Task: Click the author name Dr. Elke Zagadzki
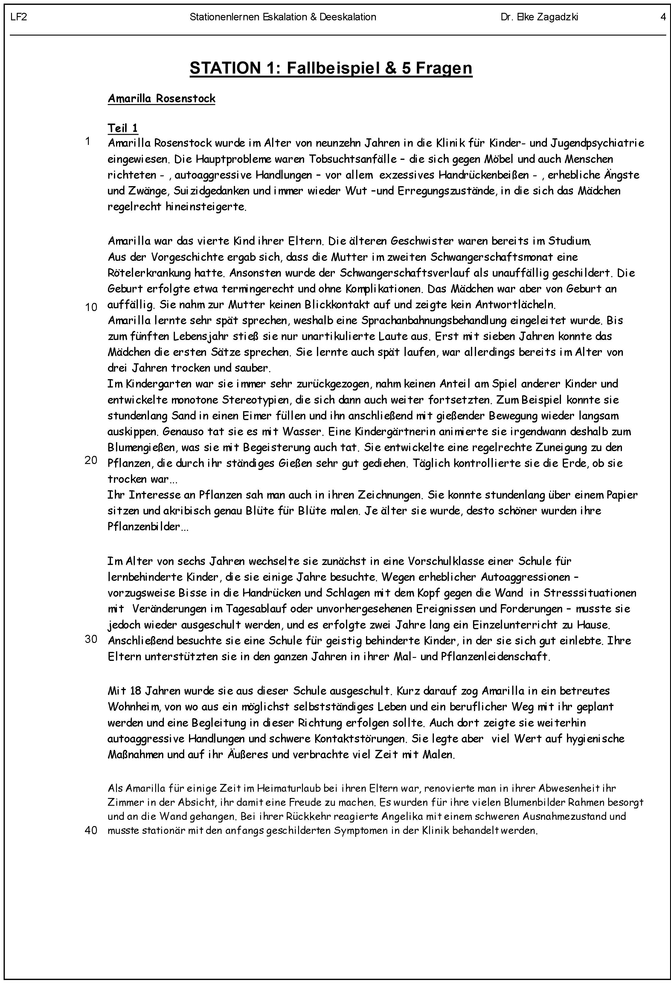click(539, 17)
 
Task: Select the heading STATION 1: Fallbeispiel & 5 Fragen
click(331, 68)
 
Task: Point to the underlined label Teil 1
click(123, 128)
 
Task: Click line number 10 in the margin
click(91, 307)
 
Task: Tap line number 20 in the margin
click(91, 460)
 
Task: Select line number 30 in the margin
click(91, 639)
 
